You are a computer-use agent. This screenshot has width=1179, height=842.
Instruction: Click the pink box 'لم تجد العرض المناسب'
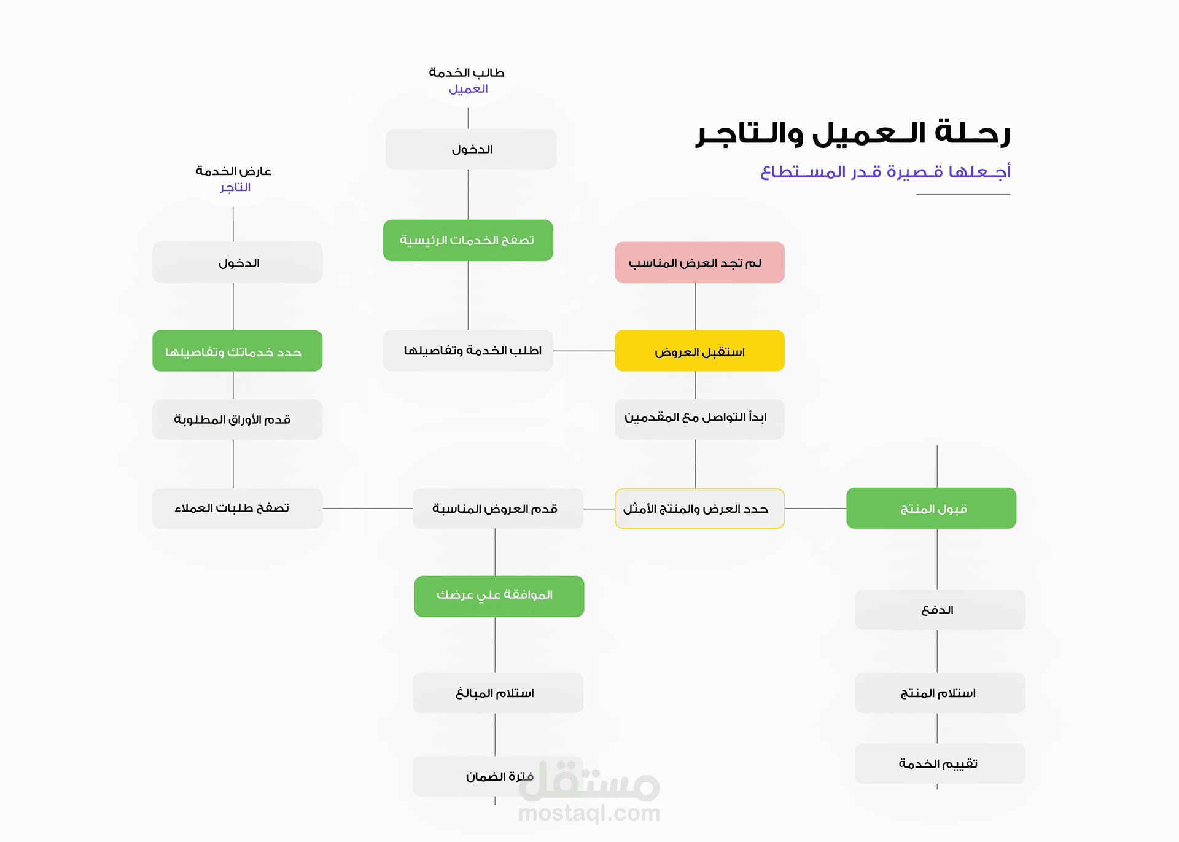[x=699, y=262]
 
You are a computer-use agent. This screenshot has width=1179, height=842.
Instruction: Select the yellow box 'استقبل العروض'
[x=699, y=351]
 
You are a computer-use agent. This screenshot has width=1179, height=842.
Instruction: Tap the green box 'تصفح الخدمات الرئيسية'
[x=468, y=240]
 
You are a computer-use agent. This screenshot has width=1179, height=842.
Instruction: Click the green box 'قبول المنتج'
[x=931, y=508]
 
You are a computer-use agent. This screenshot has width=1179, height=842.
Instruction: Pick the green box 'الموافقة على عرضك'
[x=499, y=596]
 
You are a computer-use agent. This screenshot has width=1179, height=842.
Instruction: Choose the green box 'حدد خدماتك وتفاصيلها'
[x=237, y=351]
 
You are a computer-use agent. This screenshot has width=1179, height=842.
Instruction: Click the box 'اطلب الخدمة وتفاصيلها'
[x=468, y=351]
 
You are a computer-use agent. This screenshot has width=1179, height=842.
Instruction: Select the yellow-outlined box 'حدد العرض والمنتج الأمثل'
[x=699, y=509]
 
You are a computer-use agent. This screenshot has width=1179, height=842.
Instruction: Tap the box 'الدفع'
[x=940, y=609]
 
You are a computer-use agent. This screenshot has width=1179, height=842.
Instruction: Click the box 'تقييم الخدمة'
[x=940, y=763]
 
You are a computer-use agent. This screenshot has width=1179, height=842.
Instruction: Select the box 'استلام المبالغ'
[x=497, y=693]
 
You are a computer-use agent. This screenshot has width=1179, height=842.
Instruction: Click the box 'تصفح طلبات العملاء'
[x=237, y=508]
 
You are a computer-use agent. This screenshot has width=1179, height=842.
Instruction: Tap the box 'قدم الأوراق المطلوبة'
[x=237, y=419]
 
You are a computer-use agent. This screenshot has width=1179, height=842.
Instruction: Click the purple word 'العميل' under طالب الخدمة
[x=468, y=89]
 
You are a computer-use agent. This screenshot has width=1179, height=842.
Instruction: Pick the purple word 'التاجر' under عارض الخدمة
[x=235, y=187]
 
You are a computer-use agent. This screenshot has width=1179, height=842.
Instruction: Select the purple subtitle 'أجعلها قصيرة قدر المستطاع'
[x=885, y=171]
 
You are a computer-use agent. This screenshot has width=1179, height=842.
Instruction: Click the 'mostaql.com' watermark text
[x=589, y=813]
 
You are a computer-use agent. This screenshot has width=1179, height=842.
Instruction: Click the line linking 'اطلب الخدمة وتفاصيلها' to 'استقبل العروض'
[x=583, y=351]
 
